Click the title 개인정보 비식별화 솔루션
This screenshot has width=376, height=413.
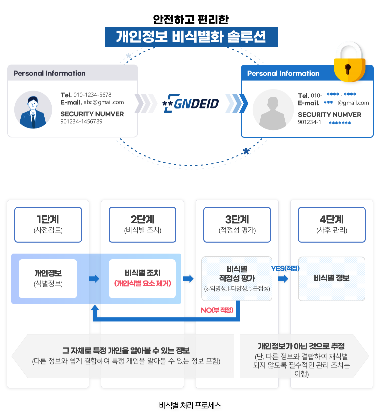(x=191, y=37)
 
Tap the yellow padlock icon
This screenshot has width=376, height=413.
(x=349, y=63)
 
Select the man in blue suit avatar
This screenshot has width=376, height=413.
(x=33, y=110)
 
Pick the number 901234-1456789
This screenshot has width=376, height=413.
(x=81, y=121)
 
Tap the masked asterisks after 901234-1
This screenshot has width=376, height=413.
(x=340, y=123)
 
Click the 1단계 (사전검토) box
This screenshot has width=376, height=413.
(x=48, y=225)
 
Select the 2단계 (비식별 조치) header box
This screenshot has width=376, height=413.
(x=142, y=225)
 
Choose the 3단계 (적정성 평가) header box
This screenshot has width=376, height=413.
(x=237, y=225)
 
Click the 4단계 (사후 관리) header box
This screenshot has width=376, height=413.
(x=332, y=225)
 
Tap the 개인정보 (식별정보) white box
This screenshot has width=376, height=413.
(x=48, y=279)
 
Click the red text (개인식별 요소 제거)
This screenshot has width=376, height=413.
(x=142, y=284)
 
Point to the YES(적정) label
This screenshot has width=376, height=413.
(x=285, y=269)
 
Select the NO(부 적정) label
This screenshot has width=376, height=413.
(x=217, y=310)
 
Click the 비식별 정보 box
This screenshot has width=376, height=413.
(x=332, y=279)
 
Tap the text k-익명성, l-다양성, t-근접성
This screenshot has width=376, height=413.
(x=237, y=289)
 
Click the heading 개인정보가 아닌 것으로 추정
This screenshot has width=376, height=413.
(x=301, y=346)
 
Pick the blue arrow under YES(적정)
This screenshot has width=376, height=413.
(x=283, y=279)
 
